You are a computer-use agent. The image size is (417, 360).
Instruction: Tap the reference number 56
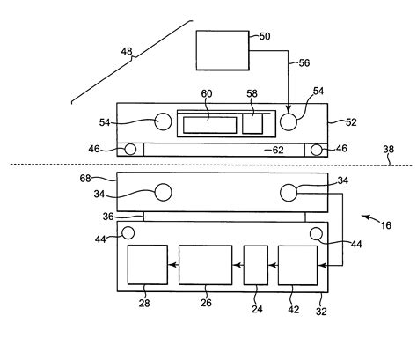(304, 62)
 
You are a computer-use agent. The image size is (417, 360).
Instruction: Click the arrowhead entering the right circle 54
(288, 109)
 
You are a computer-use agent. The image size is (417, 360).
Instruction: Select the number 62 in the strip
(278, 151)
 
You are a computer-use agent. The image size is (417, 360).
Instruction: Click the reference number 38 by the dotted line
(389, 150)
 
